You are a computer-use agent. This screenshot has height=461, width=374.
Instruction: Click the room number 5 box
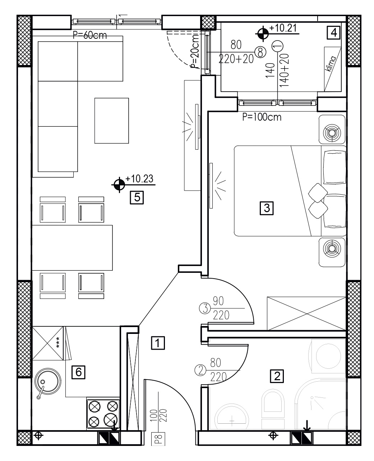coord(137,197)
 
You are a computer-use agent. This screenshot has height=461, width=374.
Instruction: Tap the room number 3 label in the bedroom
coord(267,208)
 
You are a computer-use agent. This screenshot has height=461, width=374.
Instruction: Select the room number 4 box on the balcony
coord(334,33)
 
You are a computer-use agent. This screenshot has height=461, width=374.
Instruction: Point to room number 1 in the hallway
coord(158,343)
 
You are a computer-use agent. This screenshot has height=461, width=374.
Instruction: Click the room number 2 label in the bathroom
coord(277,376)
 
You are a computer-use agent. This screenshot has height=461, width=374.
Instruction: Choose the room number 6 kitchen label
coord(78,372)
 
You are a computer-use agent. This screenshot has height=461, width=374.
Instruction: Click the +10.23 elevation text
coord(139,179)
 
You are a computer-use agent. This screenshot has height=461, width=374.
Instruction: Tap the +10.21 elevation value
coord(283,28)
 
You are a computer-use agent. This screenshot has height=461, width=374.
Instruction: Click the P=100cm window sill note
coord(262,117)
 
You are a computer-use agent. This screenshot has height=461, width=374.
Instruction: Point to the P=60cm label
coord(90,35)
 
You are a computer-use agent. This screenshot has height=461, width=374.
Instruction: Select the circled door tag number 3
coord(205,308)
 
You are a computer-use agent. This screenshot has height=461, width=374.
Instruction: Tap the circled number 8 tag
coord(260,52)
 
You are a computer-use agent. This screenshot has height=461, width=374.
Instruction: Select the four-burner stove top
coord(103,413)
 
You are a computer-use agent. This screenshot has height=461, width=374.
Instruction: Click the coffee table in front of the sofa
coord(111,121)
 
